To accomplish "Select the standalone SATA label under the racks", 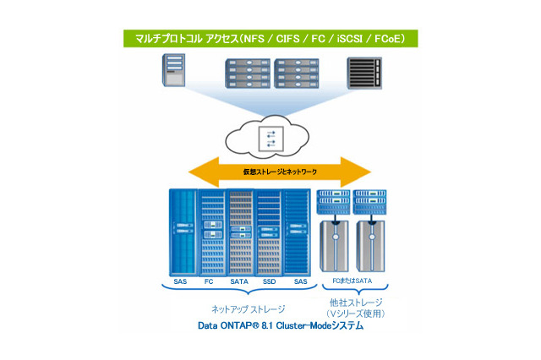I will (238, 281).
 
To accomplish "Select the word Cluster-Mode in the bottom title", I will (317, 326).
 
